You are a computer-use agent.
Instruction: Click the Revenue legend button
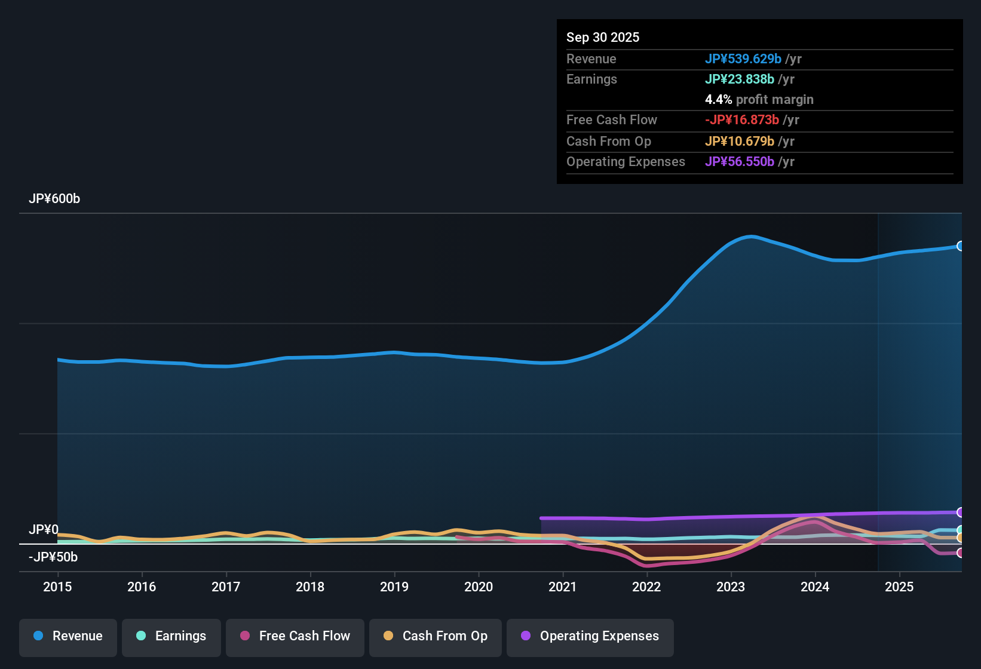click(68, 636)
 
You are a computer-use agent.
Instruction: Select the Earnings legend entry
click(171, 636)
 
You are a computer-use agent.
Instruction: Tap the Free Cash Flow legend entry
click(295, 636)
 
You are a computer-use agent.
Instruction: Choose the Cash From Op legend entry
click(436, 636)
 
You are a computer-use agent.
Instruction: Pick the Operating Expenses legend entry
click(590, 636)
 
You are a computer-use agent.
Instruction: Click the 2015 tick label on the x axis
click(57, 587)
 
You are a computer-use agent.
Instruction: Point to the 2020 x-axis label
click(479, 587)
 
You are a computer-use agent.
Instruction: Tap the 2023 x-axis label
click(731, 587)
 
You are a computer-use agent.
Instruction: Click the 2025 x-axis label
click(899, 587)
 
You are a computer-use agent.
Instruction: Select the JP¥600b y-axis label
click(54, 199)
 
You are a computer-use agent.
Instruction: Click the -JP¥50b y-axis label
click(53, 557)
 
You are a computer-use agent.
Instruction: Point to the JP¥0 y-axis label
click(44, 530)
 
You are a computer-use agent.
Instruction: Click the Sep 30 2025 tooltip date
click(603, 38)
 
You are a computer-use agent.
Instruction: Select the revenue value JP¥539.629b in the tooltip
click(743, 59)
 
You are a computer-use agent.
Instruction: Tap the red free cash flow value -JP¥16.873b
click(741, 120)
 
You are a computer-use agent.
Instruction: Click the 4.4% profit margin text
click(759, 100)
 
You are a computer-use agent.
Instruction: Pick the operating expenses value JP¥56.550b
click(739, 162)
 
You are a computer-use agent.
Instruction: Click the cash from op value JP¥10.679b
click(739, 142)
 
